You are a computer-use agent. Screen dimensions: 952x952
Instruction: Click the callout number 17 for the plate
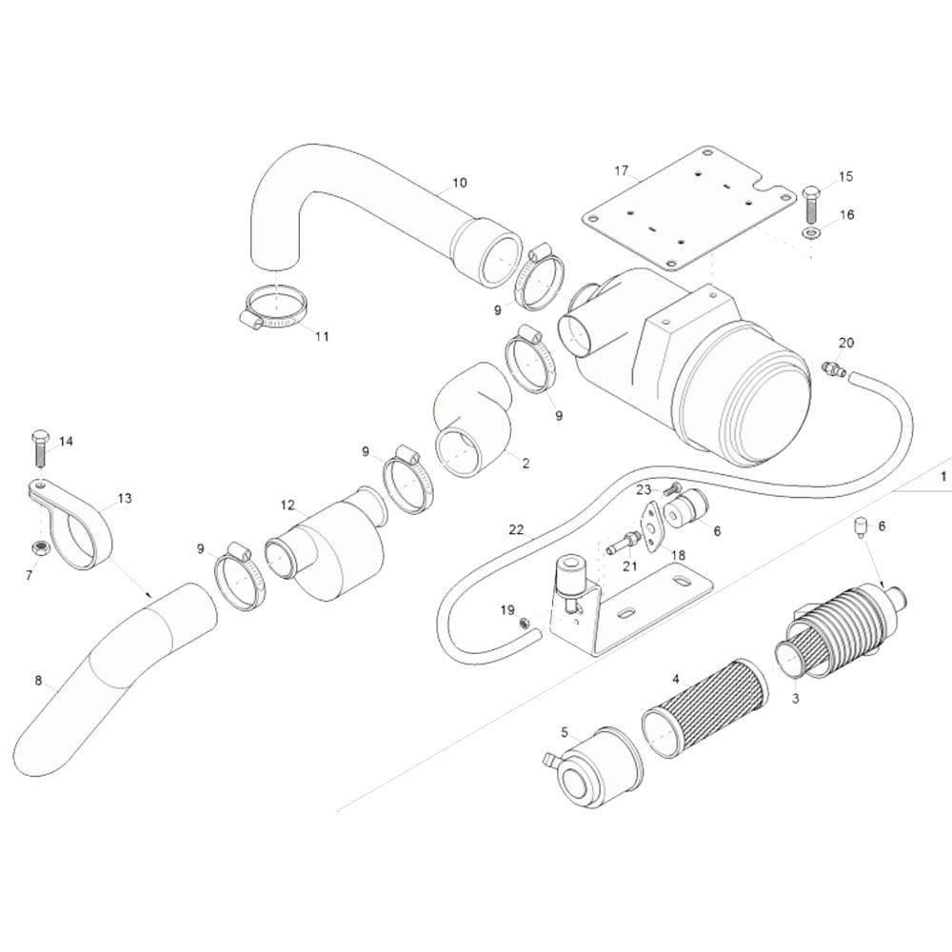[x=621, y=170]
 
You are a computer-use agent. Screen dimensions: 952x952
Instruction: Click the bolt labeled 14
[x=39, y=447]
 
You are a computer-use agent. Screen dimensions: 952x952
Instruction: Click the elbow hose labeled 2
[x=473, y=418]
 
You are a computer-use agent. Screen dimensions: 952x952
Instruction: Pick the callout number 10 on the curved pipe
[x=460, y=182]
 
